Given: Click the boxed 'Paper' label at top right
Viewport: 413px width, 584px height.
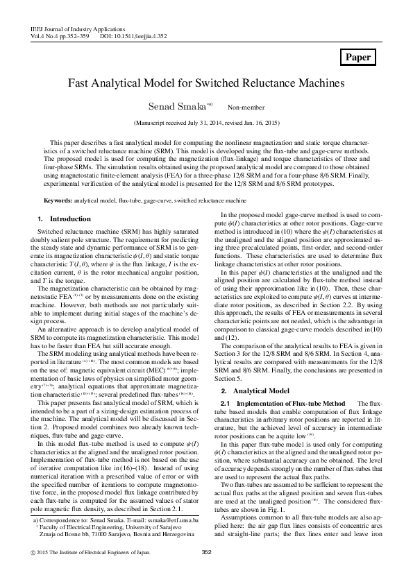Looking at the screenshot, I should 358,58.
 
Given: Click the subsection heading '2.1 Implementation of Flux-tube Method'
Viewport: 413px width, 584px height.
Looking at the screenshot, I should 273,403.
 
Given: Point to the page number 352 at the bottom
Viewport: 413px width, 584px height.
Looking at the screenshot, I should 205,572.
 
